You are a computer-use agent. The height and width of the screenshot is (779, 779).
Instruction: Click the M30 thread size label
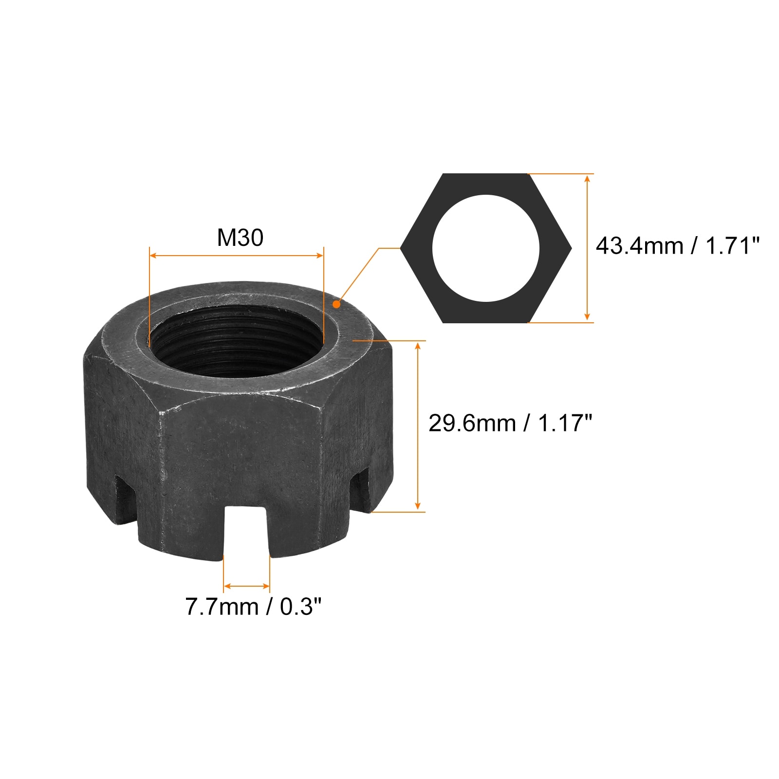(240, 238)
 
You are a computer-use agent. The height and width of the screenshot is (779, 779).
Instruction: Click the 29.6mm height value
(472, 423)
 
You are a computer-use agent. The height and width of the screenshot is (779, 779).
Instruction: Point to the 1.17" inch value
(565, 423)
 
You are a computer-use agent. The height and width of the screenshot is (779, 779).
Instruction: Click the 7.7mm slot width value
(222, 607)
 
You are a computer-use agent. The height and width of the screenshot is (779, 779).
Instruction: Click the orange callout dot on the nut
(336, 304)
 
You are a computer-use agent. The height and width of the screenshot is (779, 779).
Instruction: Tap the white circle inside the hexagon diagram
(486, 248)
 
